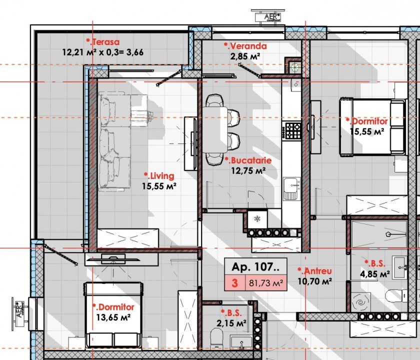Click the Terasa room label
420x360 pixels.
tap(102, 42)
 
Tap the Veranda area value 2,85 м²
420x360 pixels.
tap(245, 56)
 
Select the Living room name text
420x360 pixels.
tap(159, 176)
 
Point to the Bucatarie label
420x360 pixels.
tap(248, 160)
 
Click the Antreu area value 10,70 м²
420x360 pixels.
tap(314, 281)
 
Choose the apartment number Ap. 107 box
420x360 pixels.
tap(255, 266)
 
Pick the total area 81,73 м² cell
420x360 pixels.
tap(266, 283)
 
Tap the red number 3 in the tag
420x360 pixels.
tap(234, 283)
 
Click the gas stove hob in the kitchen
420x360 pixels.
tap(293, 130)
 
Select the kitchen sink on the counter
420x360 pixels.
tap(292, 189)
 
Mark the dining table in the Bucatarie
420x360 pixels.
tap(215, 129)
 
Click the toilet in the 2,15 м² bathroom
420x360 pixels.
tap(216, 337)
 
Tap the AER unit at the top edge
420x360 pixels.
tap(268, 16)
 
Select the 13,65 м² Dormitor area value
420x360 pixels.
tap(113, 317)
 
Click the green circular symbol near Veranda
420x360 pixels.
tap(295, 66)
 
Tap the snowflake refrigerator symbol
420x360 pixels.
tap(257, 219)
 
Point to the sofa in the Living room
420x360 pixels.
tap(114, 141)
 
